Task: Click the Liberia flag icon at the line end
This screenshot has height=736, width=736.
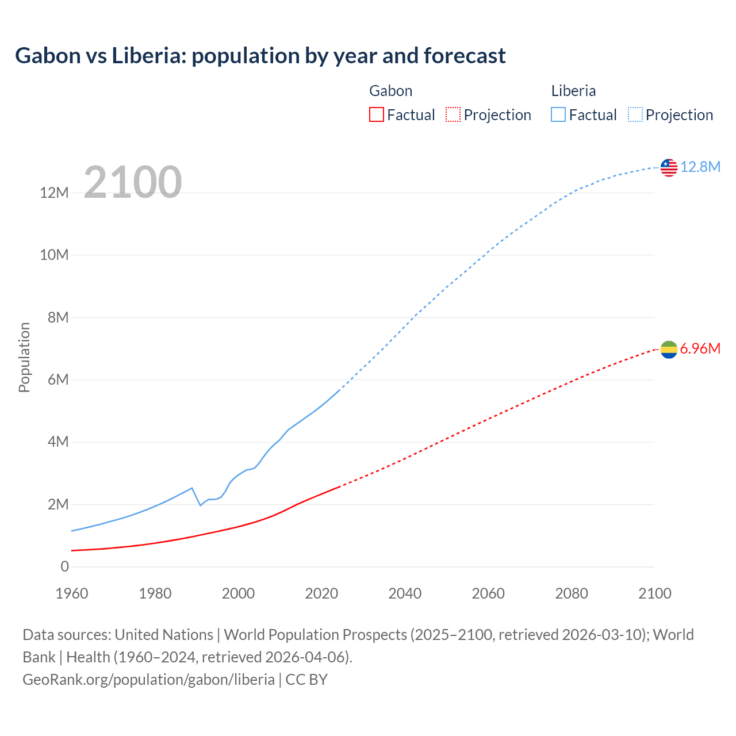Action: pyautogui.click(x=669, y=167)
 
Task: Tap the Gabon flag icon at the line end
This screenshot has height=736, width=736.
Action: pyautogui.click(x=669, y=349)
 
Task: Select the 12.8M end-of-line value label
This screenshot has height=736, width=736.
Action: pyautogui.click(x=700, y=167)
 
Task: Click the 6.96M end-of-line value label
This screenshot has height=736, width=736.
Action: pyautogui.click(x=700, y=348)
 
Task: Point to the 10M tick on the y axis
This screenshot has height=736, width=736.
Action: pyautogui.click(x=54, y=255)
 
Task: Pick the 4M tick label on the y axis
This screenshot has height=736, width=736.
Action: pyautogui.click(x=58, y=442)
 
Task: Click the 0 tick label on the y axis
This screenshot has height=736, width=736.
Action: pyautogui.click(x=64, y=566)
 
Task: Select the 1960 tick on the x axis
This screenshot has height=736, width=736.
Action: pyautogui.click(x=72, y=593)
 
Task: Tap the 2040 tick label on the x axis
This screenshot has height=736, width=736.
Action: pyautogui.click(x=405, y=593)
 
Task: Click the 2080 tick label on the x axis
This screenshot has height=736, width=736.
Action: pyautogui.click(x=572, y=593)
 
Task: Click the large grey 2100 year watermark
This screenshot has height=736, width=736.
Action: pyautogui.click(x=133, y=182)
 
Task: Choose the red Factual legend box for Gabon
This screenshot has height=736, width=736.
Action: pyautogui.click(x=376, y=114)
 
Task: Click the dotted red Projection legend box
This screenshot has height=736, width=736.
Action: pyautogui.click(x=453, y=114)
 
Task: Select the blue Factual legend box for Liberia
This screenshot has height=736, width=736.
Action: pyautogui.click(x=558, y=114)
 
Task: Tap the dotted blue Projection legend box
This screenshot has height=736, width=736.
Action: pyautogui.click(x=635, y=114)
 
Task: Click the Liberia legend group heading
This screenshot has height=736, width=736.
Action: pyautogui.click(x=573, y=91)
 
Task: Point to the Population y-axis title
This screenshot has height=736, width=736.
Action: pyautogui.click(x=24, y=357)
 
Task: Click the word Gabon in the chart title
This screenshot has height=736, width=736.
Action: pyautogui.click(x=48, y=56)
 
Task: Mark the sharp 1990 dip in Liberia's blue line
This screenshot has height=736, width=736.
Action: pyautogui.click(x=200, y=505)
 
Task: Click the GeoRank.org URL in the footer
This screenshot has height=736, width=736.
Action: pyautogui.click(x=148, y=679)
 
